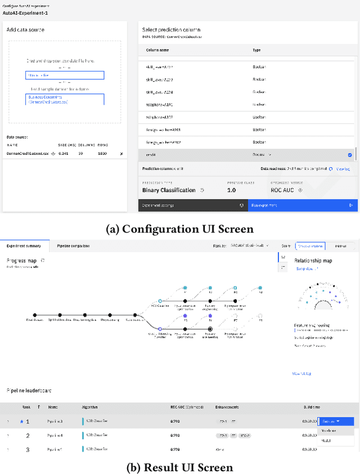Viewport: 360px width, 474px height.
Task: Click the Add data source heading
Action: click(25, 29)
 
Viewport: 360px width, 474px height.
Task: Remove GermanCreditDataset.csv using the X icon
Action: click(121, 154)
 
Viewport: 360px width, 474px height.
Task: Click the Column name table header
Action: click(157, 50)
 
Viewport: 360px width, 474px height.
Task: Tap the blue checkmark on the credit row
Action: click(350, 155)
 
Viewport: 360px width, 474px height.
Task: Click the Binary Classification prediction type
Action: click(168, 190)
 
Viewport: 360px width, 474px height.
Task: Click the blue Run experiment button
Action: click(303, 205)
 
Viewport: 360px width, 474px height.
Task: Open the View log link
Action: click(343, 168)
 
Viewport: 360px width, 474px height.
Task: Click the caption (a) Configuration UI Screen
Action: click(179, 229)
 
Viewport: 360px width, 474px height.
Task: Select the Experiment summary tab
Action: click(24, 245)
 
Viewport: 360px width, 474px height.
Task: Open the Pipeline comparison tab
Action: click(73, 245)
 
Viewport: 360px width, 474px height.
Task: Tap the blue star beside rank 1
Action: click(22, 421)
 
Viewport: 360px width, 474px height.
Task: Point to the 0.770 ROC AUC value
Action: click(176, 449)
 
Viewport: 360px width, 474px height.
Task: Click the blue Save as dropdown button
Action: click(336, 421)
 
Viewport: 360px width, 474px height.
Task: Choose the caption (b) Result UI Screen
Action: click(180, 467)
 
